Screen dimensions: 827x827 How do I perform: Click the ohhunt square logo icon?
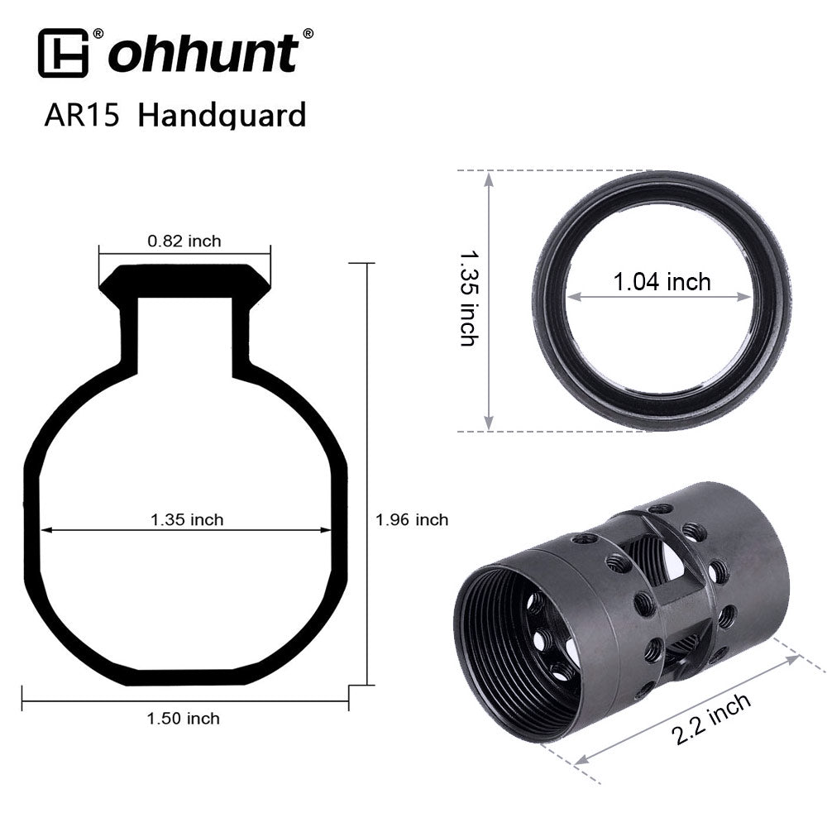[63, 53]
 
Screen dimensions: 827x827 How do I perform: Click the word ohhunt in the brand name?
[203, 53]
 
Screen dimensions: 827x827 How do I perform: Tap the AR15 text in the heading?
[82, 114]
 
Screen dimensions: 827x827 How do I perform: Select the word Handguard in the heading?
[222, 116]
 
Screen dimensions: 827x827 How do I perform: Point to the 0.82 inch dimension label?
[184, 241]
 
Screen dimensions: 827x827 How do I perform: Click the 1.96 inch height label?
[412, 519]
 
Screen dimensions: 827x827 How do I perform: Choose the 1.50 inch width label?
[183, 719]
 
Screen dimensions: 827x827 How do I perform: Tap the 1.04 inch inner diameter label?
[662, 282]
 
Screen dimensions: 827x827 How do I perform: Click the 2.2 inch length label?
[711, 719]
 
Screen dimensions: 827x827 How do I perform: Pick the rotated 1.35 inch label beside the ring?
[469, 298]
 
